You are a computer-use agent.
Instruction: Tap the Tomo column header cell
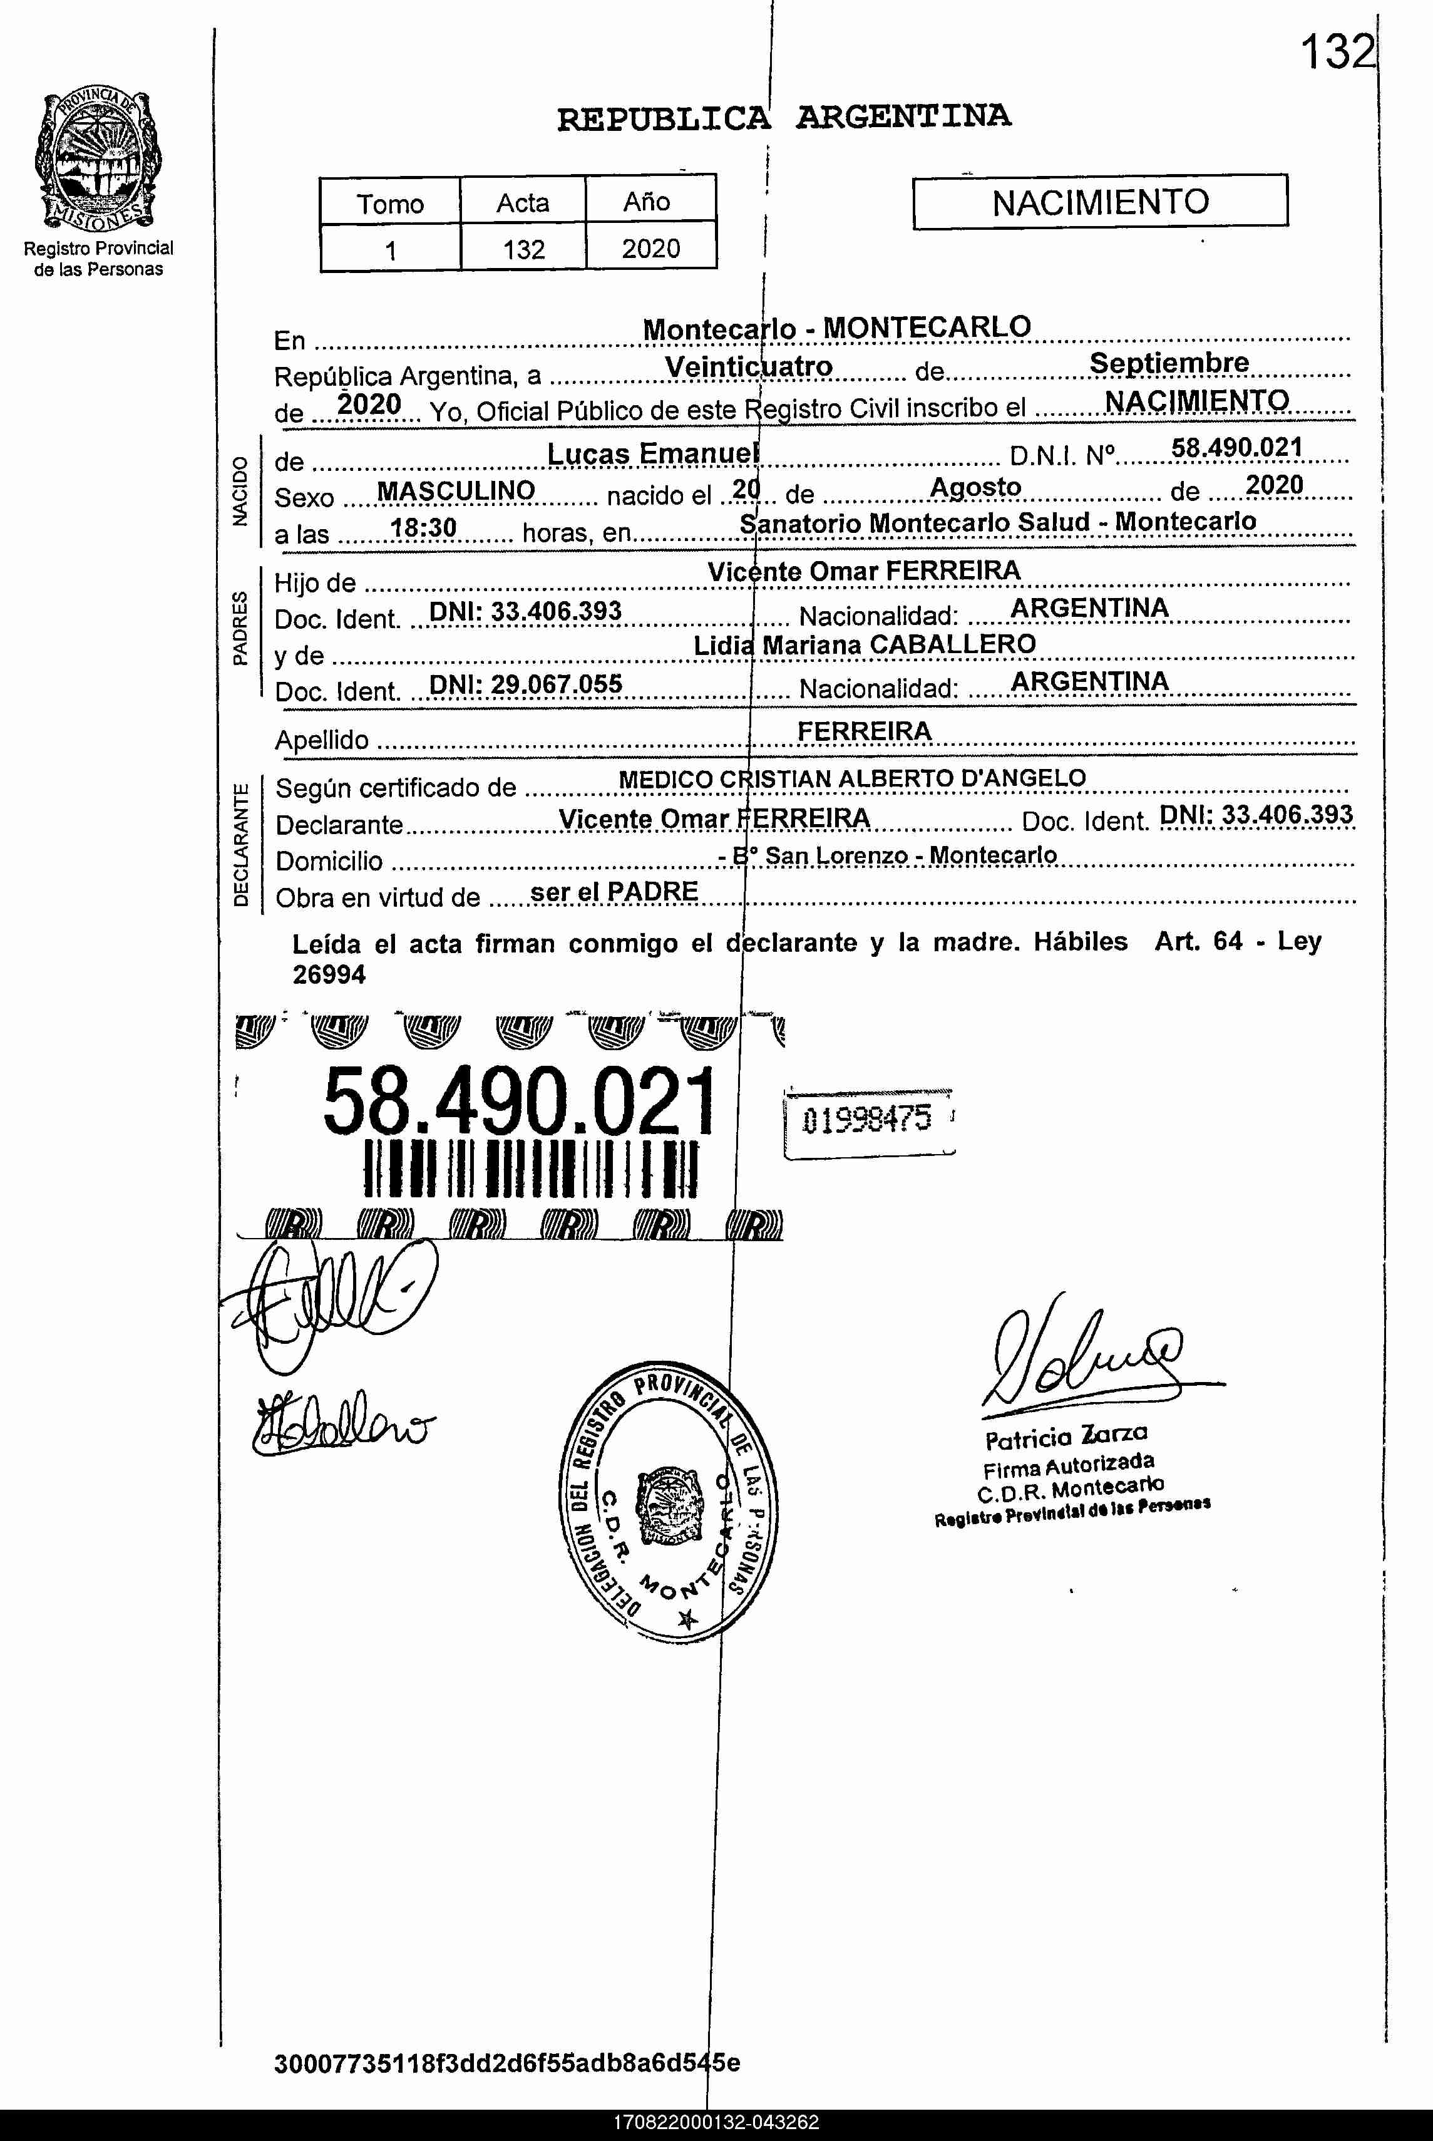tap(390, 203)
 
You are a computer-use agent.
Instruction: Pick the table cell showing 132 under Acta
tap(523, 249)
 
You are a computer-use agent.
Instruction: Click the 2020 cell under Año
tap(650, 249)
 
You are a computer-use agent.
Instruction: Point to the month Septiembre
tap(1168, 363)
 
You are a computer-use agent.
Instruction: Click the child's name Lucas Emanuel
tap(652, 453)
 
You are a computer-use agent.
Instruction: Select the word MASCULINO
tap(456, 491)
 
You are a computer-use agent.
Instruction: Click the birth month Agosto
tap(975, 487)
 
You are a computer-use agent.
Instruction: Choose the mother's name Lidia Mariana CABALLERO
tap(865, 644)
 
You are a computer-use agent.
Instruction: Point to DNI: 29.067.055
tap(525, 684)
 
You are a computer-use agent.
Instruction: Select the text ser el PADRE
tap(614, 891)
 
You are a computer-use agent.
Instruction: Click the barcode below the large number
tap(530, 1167)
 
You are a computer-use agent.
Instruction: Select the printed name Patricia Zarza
tap(1066, 1437)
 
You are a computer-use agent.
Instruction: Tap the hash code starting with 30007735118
tap(507, 2063)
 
